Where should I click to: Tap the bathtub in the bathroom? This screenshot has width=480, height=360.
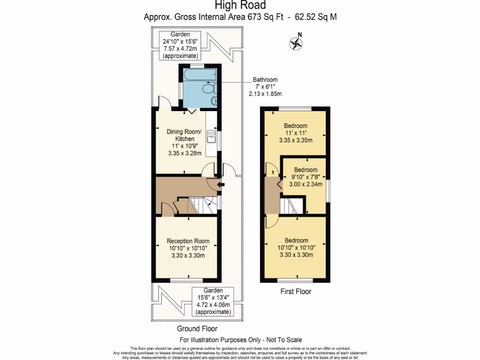(200, 75)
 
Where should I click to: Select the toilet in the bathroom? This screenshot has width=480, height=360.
(210, 89)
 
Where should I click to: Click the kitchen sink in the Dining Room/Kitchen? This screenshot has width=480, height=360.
(211, 136)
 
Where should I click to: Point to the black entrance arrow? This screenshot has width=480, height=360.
(220, 184)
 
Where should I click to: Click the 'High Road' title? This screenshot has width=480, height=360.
(240, 5)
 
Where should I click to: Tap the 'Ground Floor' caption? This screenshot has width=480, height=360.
(197, 329)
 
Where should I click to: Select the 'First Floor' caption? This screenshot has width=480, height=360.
(296, 292)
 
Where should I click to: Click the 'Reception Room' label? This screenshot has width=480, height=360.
(188, 241)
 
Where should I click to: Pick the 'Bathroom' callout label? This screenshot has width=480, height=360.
(265, 80)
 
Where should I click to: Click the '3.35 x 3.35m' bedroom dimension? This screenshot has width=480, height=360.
(296, 140)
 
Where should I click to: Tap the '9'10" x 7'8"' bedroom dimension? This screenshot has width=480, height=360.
(306, 177)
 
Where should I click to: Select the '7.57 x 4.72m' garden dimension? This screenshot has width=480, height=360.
(180, 49)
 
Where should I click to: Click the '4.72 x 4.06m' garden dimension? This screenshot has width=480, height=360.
(213, 305)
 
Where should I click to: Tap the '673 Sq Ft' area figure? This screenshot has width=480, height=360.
(265, 17)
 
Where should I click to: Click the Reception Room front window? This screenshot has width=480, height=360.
(187, 280)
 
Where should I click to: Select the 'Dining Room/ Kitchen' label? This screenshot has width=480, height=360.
(184, 135)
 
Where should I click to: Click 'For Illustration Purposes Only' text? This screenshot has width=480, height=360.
(220, 340)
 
